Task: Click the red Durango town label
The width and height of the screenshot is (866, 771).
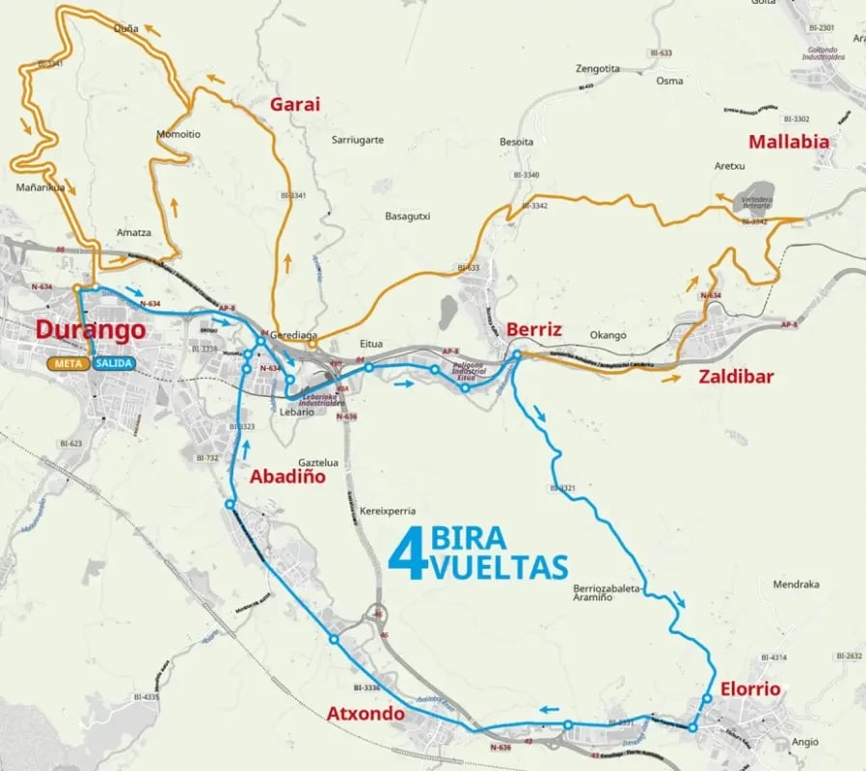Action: click(91, 330)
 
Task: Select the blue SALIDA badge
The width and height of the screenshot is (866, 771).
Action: click(114, 363)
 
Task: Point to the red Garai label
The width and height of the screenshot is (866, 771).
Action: click(294, 105)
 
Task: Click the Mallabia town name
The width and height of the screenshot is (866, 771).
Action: click(788, 141)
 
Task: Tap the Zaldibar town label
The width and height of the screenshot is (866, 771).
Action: click(736, 377)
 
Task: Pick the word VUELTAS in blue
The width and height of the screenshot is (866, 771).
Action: click(500, 567)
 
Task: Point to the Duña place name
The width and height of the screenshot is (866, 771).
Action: click(125, 28)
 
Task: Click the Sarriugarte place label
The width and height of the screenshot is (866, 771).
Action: click(357, 140)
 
